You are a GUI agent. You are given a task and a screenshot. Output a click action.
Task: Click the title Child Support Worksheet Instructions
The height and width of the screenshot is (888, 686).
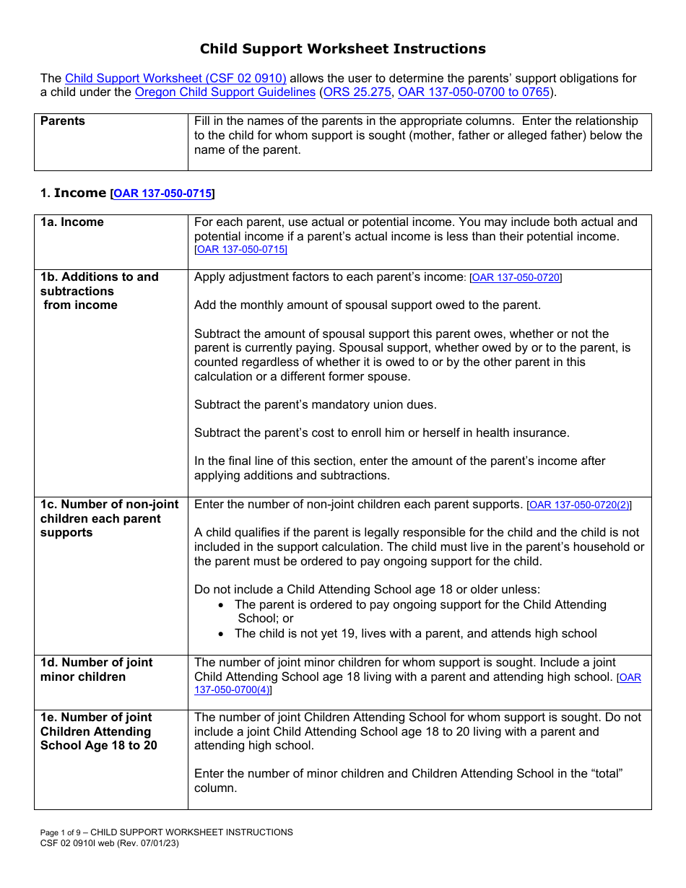(x=342, y=49)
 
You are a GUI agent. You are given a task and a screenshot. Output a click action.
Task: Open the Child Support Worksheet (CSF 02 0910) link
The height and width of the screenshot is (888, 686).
(x=175, y=79)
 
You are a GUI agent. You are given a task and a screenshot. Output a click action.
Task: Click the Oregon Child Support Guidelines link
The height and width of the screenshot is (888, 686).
(x=225, y=92)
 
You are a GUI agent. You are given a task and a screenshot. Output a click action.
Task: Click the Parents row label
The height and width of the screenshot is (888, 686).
(x=63, y=121)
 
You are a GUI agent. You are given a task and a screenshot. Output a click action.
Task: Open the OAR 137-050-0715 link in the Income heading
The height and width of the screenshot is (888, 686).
(x=162, y=193)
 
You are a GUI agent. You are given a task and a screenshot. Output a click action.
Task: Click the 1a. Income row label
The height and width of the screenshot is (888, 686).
(x=72, y=222)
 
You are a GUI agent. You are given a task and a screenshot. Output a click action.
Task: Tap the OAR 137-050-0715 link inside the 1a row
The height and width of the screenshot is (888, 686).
(x=241, y=250)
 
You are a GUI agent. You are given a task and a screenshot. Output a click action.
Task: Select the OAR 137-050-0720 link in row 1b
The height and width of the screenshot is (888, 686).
(x=516, y=278)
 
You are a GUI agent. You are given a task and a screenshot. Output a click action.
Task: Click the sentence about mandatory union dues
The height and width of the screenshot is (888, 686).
(x=316, y=405)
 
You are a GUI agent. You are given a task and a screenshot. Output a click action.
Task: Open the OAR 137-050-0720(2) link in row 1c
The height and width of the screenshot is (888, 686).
(x=579, y=505)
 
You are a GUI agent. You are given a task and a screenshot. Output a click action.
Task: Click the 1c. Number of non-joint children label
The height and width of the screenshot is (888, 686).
(x=109, y=518)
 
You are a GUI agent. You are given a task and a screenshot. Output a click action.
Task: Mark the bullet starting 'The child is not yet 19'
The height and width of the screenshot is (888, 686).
(x=415, y=634)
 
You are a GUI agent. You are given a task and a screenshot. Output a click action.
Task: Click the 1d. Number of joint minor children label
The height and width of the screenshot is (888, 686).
(x=96, y=669)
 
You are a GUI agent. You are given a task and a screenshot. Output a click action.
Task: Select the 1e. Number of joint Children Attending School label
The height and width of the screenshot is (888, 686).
(x=98, y=731)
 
